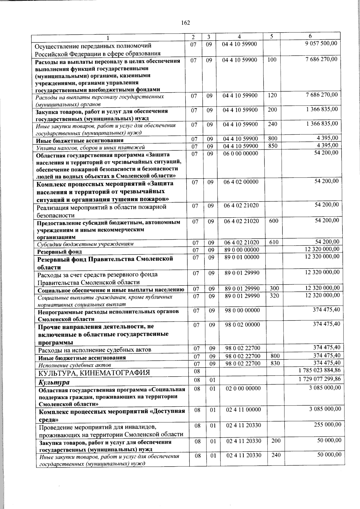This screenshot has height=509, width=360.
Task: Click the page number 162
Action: click(x=186, y=23)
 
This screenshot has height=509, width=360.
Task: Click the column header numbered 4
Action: click(x=239, y=37)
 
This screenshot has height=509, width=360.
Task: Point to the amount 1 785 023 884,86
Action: click(x=319, y=370)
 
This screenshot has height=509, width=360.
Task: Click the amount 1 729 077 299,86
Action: click(x=319, y=379)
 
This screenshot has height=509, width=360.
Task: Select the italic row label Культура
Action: click(x=54, y=382)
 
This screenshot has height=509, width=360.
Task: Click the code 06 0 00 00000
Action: click(x=240, y=153)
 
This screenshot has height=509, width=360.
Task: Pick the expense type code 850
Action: click(x=272, y=146)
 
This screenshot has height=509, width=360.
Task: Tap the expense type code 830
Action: click(x=275, y=363)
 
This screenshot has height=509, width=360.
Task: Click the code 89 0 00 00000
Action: click(x=241, y=250)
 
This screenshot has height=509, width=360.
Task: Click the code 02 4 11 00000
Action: click(x=243, y=409)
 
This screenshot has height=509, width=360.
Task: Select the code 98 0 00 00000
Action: click(x=242, y=310)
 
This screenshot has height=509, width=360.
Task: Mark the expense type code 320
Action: click(x=274, y=295)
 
